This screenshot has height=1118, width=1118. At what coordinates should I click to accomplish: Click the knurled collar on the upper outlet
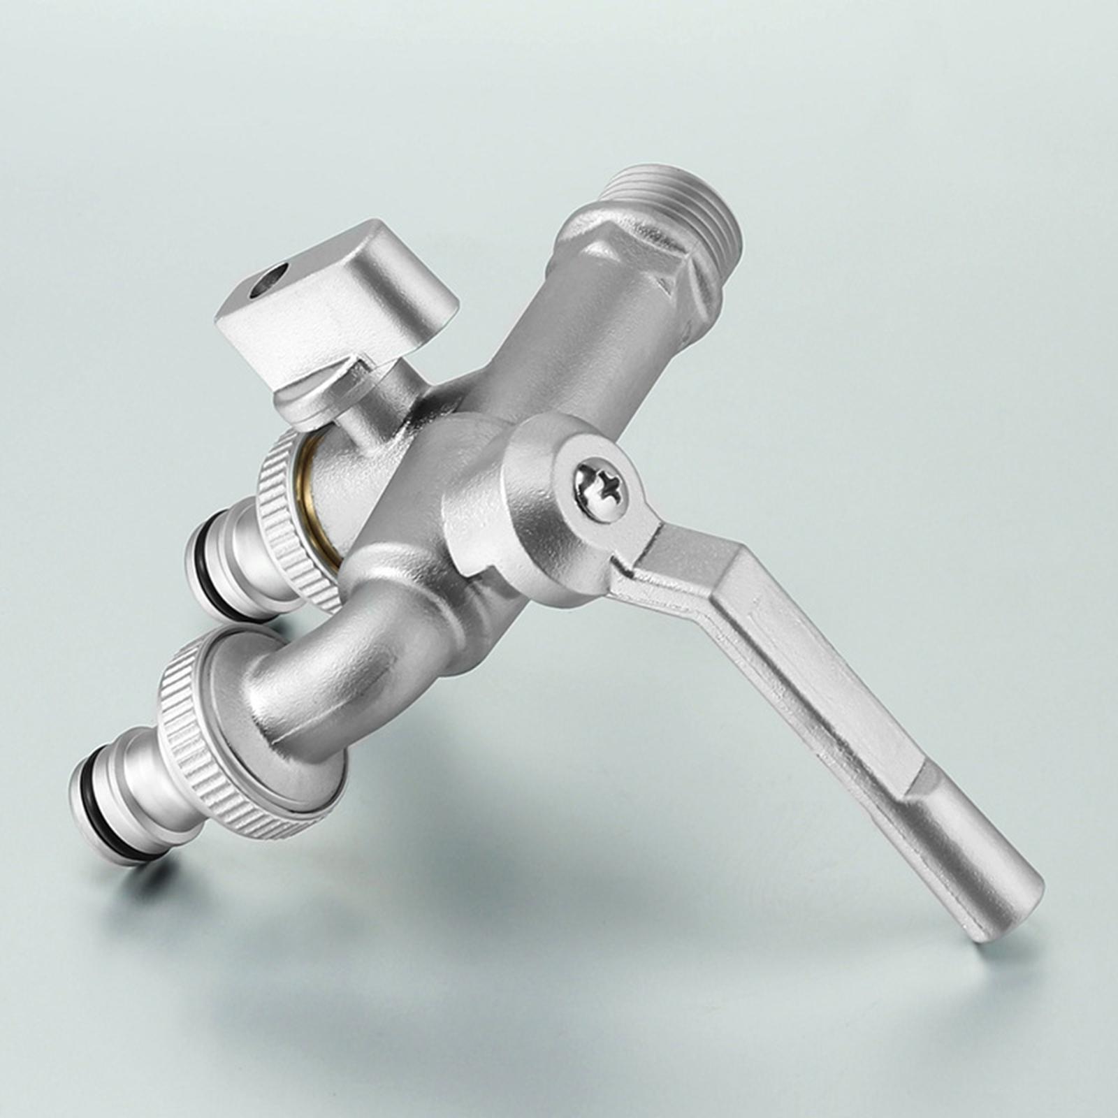click(293, 517)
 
